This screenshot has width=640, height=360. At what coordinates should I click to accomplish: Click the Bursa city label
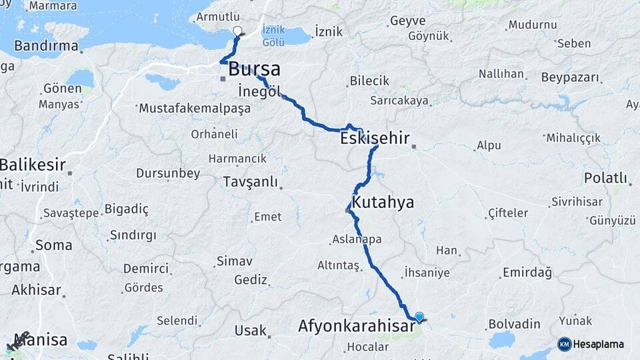[254, 69]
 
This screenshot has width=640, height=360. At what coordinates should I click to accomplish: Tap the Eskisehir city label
[374, 139]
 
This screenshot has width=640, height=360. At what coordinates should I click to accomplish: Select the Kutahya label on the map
[383, 202]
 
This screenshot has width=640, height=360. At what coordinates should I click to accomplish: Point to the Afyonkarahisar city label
[353, 326]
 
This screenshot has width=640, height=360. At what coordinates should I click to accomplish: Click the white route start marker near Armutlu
[238, 31]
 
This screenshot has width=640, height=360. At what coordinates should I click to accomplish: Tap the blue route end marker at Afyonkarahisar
[419, 317]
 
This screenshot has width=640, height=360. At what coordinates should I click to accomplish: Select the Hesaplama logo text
[599, 344]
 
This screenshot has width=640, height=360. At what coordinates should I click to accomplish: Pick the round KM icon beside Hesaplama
[565, 344]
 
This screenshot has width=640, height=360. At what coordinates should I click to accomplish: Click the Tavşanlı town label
[250, 181]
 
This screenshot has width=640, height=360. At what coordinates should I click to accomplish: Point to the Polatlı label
[605, 178]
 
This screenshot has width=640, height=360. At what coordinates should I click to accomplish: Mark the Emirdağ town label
[527, 272]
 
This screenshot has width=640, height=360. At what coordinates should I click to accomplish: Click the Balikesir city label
[33, 164]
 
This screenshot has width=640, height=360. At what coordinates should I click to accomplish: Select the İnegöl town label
[259, 91]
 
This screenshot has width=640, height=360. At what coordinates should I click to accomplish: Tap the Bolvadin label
[514, 324]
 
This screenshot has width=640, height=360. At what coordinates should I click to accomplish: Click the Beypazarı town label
[570, 77]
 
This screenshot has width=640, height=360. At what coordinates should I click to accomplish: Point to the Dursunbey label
[168, 173]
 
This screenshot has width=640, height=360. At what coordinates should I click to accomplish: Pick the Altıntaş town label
[338, 265]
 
